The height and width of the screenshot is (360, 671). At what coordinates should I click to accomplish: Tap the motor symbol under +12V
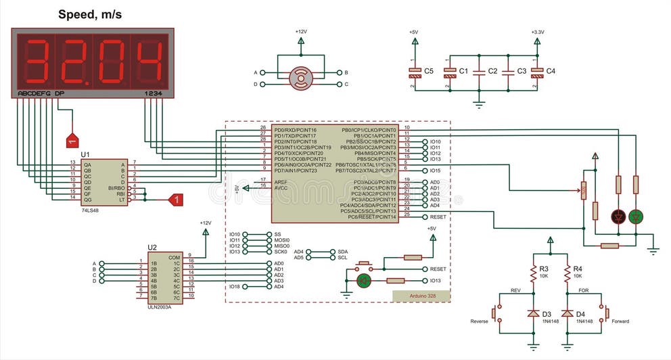300,78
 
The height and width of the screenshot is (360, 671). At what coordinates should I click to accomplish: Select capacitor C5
413,71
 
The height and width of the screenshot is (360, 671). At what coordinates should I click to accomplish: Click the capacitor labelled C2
479,71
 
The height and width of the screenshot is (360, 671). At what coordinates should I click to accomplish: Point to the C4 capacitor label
551,71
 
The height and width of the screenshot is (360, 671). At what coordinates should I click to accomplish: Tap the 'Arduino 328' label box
421,296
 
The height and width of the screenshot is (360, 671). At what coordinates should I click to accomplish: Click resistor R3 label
544,269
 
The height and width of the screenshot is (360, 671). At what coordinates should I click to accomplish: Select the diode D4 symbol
567,314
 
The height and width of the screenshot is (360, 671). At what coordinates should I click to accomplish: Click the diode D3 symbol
533,314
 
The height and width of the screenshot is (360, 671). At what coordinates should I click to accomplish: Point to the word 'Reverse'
479,321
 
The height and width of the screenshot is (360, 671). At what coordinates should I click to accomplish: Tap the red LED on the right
618,217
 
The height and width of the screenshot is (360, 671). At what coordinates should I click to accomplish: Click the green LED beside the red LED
636,217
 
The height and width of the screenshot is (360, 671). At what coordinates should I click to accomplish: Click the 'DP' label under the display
60,93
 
